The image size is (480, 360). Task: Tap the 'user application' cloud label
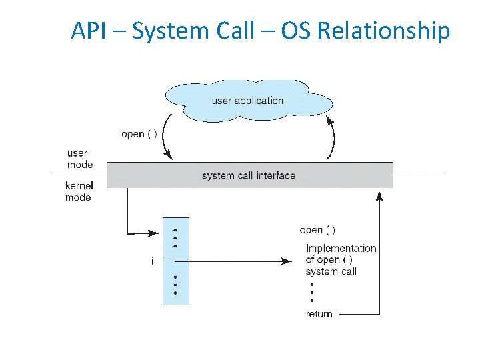[x=247, y=101]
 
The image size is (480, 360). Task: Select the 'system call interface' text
[x=248, y=176]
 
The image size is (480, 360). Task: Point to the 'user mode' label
[x=80, y=159]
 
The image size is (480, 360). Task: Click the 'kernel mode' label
[x=78, y=191]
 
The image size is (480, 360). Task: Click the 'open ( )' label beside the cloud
[x=139, y=134]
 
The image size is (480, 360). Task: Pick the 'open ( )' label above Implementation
[x=317, y=230]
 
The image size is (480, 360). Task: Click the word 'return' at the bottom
[x=319, y=314]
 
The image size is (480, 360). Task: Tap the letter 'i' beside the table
[x=152, y=261]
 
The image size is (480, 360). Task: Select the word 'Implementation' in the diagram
[x=341, y=249]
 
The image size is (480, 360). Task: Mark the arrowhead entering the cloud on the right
[x=330, y=120]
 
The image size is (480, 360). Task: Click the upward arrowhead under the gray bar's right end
[x=379, y=194]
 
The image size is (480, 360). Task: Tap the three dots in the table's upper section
[x=175, y=237]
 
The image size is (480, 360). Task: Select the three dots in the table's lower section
[x=175, y=285]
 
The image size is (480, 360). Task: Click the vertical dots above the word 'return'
[x=311, y=292]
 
